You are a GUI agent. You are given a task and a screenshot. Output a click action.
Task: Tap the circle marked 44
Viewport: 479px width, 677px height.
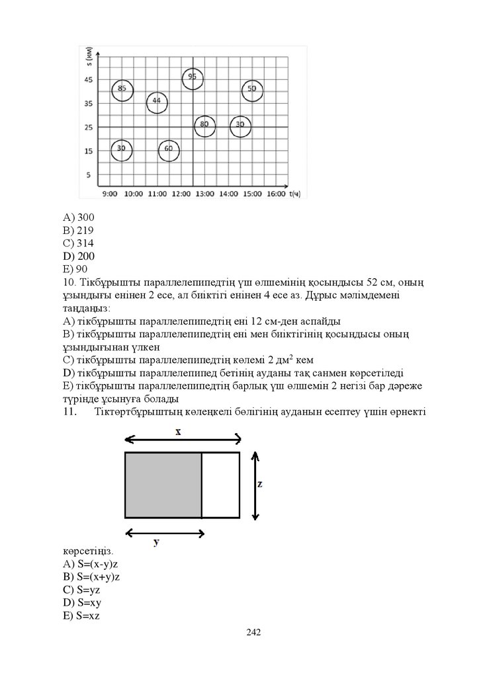(157, 102)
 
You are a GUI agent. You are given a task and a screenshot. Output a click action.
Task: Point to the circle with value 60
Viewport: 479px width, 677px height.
(169, 150)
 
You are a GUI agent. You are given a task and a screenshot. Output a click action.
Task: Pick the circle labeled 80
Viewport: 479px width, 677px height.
(205, 126)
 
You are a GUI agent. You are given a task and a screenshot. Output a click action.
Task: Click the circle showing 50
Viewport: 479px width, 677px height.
(252, 89)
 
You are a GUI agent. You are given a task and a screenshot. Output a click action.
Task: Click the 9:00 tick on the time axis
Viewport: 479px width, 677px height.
(110, 194)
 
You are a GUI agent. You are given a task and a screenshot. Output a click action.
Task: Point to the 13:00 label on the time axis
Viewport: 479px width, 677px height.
(205, 194)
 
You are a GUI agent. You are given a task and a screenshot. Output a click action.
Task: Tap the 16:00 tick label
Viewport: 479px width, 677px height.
(276, 194)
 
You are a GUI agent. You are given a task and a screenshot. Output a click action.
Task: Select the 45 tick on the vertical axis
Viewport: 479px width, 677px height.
(88, 79)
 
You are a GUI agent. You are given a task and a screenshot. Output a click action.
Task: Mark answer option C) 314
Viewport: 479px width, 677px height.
(79, 243)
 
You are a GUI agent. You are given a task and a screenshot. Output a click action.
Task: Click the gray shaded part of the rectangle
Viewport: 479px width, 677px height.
(163, 485)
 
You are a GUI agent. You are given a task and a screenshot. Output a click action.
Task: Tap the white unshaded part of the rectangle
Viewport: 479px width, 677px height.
(220, 485)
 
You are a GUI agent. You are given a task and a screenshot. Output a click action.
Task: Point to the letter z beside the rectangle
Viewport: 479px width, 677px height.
(260, 484)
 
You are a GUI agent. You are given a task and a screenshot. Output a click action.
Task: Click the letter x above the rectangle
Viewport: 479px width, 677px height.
(178, 431)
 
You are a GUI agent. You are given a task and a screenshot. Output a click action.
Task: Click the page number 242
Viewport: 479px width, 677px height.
(253, 633)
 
